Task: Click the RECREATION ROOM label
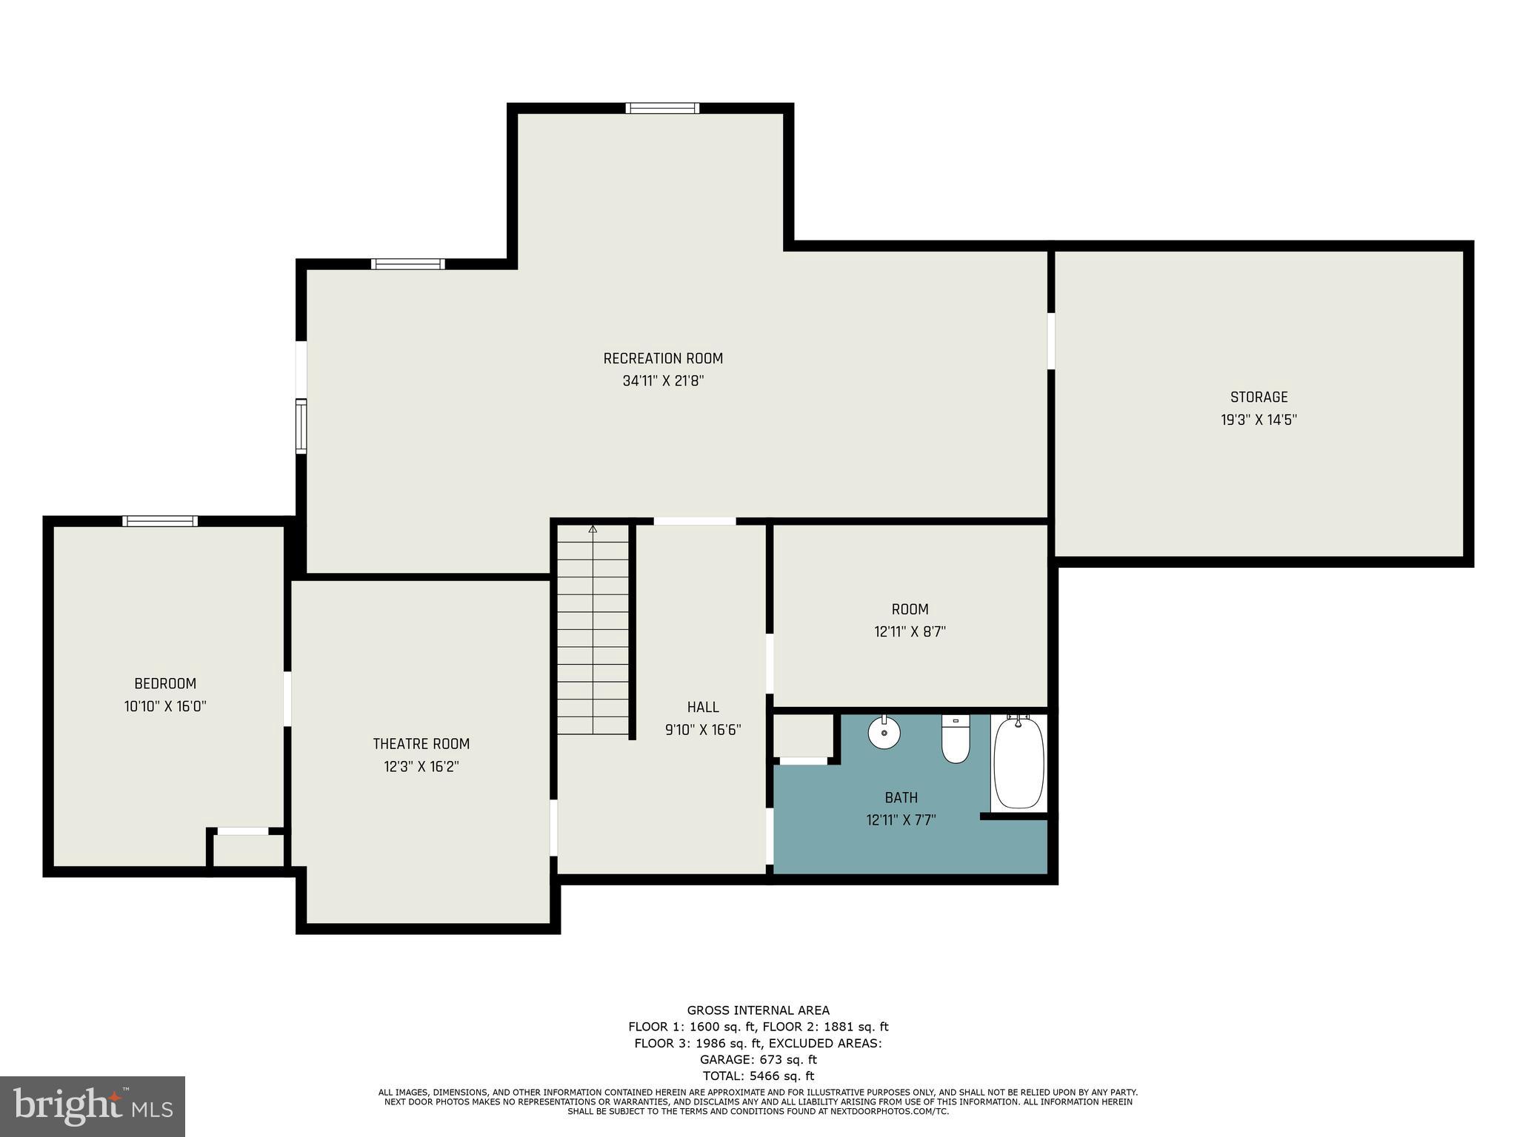(663, 358)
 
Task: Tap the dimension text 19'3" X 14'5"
(1258, 420)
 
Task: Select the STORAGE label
(1258, 397)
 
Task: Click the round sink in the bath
(884, 733)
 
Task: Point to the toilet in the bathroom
(956, 741)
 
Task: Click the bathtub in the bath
(1018, 763)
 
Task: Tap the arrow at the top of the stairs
(593, 529)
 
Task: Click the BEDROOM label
(165, 683)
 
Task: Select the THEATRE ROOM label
(421, 744)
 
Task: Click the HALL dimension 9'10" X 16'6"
(703, 730)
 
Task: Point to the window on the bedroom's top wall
(160, 521)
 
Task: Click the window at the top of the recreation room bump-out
(662, 108)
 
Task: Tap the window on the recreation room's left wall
(301, 426)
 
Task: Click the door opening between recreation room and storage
(1050, 341)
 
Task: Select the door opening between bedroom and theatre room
(287, 699)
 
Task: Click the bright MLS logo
(93, 1107)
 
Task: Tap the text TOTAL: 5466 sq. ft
(758, 1076)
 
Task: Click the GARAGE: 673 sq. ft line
(758, 1059)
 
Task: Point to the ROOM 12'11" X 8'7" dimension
(910, 632)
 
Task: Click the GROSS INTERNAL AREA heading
(758, 1010)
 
